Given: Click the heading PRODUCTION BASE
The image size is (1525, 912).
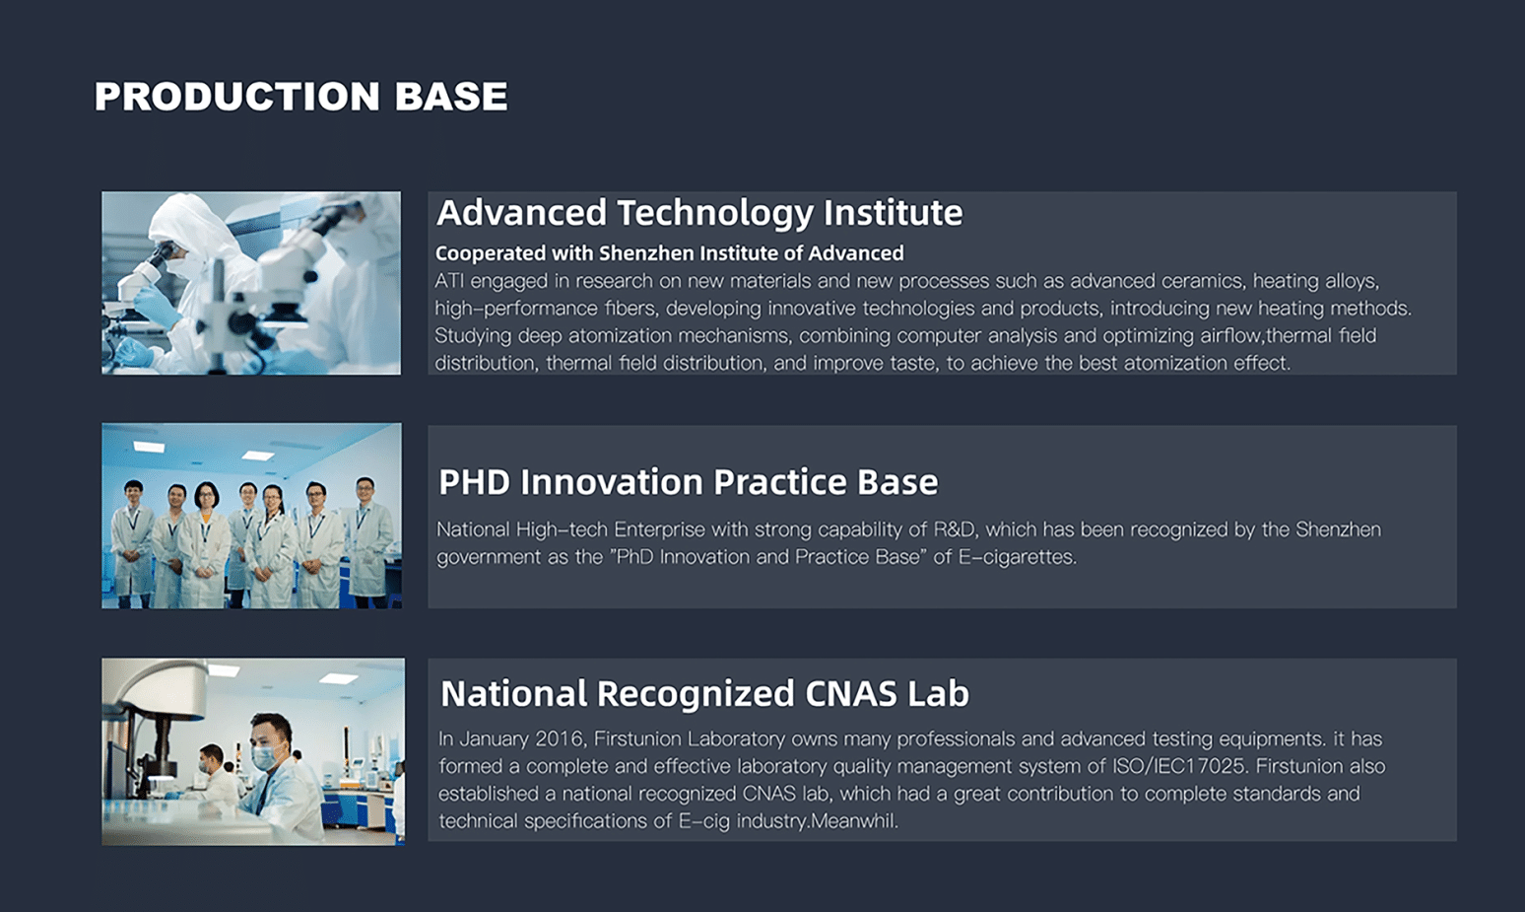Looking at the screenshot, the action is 300,96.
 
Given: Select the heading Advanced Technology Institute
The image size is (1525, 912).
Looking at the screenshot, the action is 699,213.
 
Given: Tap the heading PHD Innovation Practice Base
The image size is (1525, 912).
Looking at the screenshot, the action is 689,482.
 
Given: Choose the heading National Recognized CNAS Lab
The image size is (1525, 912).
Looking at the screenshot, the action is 704,693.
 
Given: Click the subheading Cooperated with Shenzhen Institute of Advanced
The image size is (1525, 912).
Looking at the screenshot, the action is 670,253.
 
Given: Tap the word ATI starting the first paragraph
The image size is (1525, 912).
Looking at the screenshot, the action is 449,281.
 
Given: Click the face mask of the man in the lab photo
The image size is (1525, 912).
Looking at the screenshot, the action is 266,755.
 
